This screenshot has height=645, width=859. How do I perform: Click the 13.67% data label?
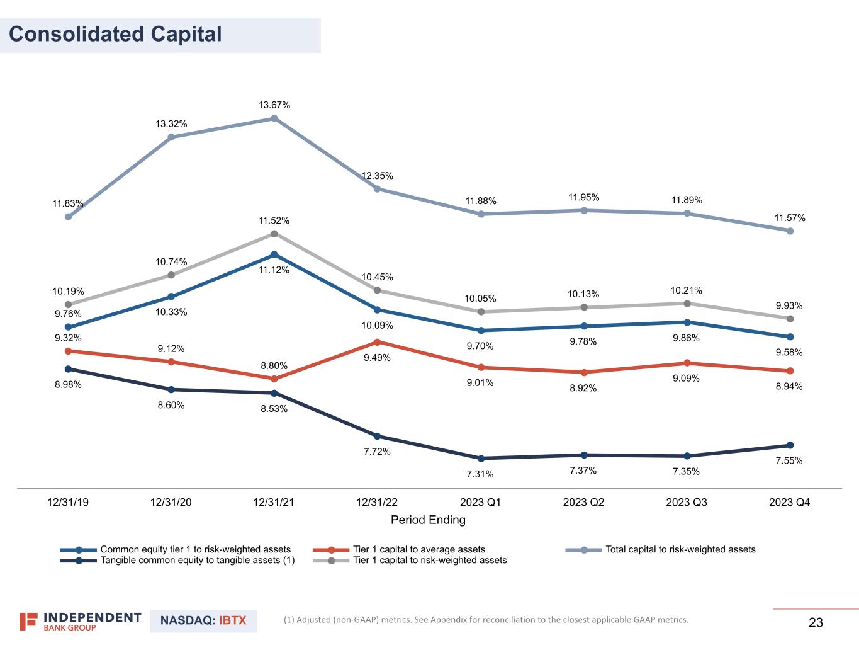pos(274,105)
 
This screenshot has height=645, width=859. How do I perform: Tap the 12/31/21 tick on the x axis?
pos(274,503)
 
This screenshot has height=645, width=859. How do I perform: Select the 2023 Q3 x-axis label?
pos(687,503)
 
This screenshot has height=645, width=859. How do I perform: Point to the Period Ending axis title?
pos(428,520)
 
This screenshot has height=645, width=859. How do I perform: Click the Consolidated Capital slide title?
pos(115,34)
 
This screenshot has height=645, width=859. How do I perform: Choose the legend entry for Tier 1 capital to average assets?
pos(418,549)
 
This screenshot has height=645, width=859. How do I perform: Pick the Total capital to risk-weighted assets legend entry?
pos(680,549)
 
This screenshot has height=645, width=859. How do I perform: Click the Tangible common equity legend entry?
pos(197,560)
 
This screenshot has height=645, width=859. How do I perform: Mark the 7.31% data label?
pos(480,474)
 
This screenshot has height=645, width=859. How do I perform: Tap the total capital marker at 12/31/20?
pos(171,137)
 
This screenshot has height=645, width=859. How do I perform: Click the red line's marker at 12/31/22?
pos(377,342)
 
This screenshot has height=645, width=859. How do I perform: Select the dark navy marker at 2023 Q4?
pos(790,445)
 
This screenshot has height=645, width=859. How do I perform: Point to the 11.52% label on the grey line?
pos(274,221)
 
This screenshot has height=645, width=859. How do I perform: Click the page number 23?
pos(816,623)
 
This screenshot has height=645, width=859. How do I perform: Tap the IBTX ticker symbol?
pos(233,620)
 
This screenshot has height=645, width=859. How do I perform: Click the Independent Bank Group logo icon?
pos(29,621)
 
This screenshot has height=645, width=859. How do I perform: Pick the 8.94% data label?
pos(789,387)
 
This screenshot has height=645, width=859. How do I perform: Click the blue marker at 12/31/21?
pos(274,254)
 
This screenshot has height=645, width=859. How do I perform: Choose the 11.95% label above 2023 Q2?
pos(583,198)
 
